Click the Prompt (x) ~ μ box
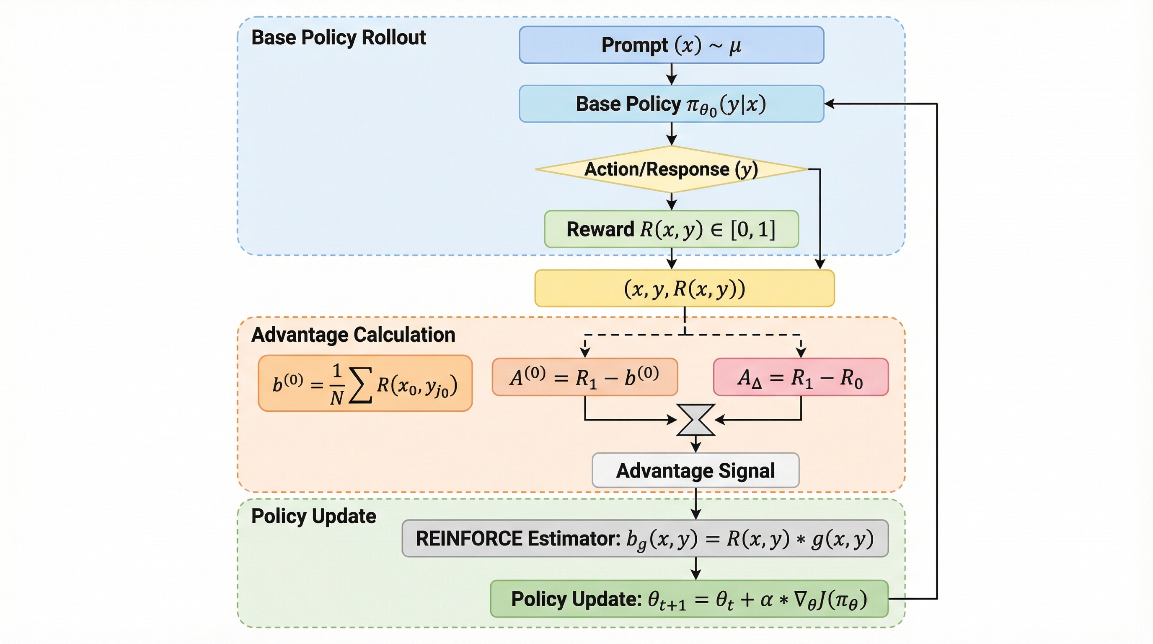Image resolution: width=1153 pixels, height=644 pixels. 671,45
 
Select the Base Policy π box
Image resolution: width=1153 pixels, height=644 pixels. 671,104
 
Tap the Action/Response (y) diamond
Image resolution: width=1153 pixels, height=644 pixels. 671,169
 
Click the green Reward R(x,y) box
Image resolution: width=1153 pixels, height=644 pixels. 671,229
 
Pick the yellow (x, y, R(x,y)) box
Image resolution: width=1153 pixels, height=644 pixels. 684,288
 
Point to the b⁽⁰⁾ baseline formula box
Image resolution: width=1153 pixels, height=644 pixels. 365,383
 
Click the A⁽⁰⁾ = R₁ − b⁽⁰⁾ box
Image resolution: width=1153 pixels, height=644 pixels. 584,377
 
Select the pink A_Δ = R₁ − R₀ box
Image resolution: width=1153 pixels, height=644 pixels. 801,377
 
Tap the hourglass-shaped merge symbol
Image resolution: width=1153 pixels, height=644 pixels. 695,420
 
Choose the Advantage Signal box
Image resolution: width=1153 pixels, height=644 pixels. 695,470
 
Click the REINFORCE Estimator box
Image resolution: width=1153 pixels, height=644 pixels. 645,538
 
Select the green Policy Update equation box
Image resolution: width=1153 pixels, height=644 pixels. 689,599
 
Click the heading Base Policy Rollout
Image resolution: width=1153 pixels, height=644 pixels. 339,38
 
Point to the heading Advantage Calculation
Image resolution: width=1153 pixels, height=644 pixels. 353,335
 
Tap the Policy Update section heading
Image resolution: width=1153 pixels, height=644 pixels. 314,516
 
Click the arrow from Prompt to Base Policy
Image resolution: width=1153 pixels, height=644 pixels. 671,74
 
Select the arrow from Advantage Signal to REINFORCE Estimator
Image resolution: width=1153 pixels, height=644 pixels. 695,504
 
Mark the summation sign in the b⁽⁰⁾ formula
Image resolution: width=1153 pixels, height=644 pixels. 360,385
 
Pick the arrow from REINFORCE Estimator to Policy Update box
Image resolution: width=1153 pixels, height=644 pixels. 695,569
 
